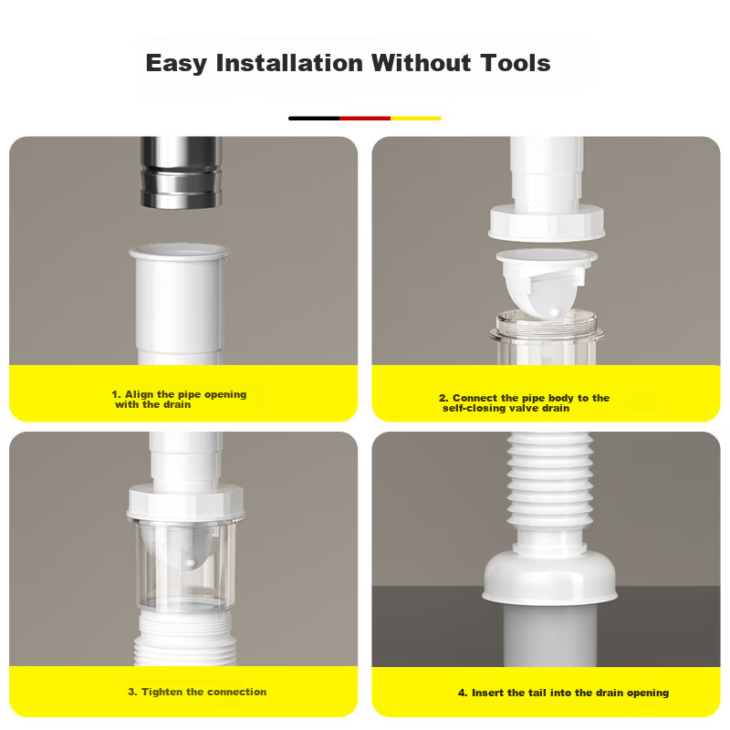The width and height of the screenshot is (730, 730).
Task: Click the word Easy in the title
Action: pos(176,64)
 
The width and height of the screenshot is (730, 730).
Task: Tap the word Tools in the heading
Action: pos(516,63)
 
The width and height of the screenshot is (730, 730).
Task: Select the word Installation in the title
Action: pos(289,63)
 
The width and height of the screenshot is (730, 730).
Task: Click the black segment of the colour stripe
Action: pos(314,119)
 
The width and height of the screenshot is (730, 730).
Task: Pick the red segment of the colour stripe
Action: pos(365,119)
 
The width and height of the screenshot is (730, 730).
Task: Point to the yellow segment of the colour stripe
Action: pos(416,119)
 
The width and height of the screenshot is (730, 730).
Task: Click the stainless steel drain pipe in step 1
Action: pos(181,172)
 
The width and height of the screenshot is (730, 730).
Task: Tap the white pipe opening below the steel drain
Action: pos(179,304)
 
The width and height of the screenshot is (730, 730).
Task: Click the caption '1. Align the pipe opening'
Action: pos(179,394)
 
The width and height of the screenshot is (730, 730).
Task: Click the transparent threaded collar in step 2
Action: pos(547,336)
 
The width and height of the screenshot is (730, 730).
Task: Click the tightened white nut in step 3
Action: pos(185,502)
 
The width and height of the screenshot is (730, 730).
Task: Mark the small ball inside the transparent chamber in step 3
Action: pos(191,563)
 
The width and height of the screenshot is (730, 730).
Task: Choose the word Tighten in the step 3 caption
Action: pos(162,692)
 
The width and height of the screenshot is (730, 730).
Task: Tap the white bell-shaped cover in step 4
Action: pos(550,577)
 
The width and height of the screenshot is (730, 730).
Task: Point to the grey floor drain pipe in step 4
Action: pos(550,635)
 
